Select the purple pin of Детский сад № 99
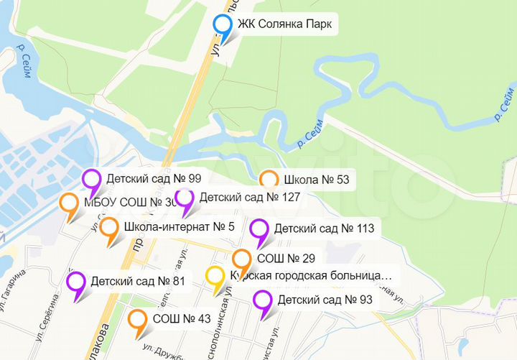pyautogui.click(x=92, y=179)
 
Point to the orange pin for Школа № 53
pyautogui.click(x=269, y=180)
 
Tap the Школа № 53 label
pyautogui.click(x=317, y=180)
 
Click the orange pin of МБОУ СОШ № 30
pyautogui.click(x=69, y=203)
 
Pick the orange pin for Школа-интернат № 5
pyautogui.click(x=109, y=229)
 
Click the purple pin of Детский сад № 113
pyautogui.click(x=259, y=230)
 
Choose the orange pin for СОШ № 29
pyautogui.click(x=242, y=259)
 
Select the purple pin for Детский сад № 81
pyautogui.click(x=75, y=282)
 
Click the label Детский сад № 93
pyautogui.click(x=325, y=300)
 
